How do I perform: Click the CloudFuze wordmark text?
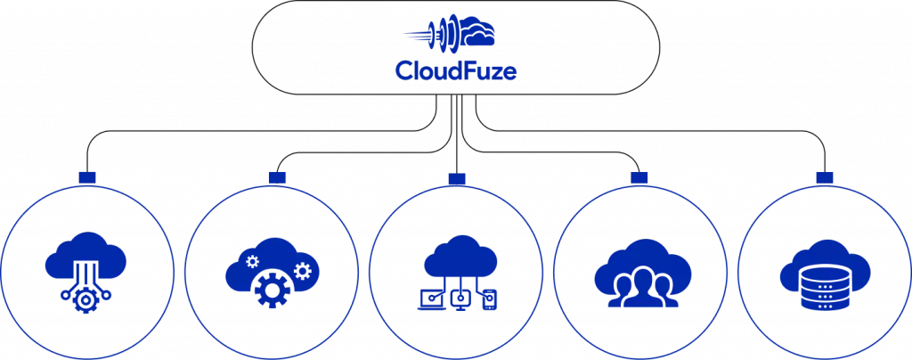(455, 71)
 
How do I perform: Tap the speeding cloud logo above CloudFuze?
(449, 33)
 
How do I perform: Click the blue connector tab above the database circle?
(824, 177)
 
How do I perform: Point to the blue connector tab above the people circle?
(639, 177)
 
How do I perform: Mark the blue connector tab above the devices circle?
(457, 178)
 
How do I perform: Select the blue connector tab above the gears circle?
(277, 177)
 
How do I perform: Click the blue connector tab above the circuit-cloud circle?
(86, 176)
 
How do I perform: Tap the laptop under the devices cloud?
(430, 299)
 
